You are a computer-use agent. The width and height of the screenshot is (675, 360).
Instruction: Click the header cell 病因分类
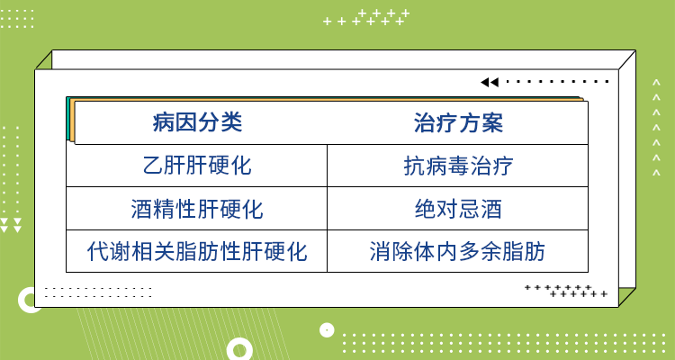point(197,122)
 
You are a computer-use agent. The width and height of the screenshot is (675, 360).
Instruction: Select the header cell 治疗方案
point(458,122)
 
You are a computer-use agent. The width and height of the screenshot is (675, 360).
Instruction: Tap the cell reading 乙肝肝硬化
point(197,166)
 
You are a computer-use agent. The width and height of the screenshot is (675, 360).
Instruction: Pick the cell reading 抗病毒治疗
point(458,166)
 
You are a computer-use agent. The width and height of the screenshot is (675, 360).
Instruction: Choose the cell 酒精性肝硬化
point(197,210)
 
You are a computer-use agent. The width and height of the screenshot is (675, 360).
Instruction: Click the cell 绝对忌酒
point(458,210)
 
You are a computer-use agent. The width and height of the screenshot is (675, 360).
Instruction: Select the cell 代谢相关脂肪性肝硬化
point(197,251)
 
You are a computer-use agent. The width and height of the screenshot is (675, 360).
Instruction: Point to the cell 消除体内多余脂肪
point(458,251)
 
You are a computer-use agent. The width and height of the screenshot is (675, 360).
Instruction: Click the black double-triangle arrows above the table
point(489,82)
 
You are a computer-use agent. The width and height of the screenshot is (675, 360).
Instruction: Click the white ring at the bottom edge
point(240,349)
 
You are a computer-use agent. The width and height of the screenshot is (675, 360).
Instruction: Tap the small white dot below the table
point(327,329)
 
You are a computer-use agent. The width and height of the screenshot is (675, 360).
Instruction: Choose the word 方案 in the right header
point(481,122)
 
